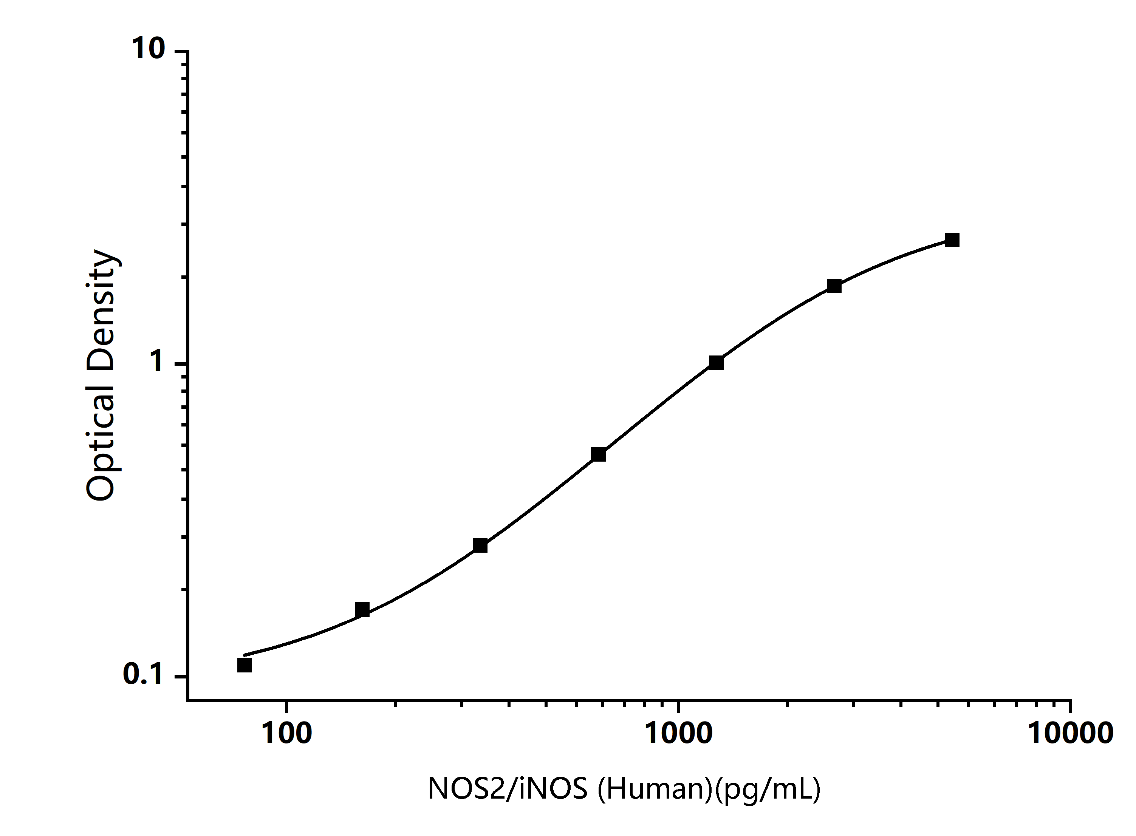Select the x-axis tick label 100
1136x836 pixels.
pyautogui.click(x=286, y=733)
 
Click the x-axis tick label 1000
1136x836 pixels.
pyautogui.click(x=678, y=733)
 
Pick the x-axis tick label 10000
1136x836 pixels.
pyautogui.click(x=1070, y=733)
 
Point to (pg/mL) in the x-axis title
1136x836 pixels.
pyautogui.click(x=768, y=788)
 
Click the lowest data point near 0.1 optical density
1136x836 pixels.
pyautogui.click(x=245, y=665)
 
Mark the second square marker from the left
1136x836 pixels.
pyautogui.click(x=362, y=610)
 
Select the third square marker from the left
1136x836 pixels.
pyautogui.click(x=480, y=545)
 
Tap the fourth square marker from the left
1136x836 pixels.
pyautogui.click(x=598, y=454)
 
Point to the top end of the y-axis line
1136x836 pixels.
pyautogui.click(x=188, y=51)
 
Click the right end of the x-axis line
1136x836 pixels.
pyautogui.click(x=1070, y=700)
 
